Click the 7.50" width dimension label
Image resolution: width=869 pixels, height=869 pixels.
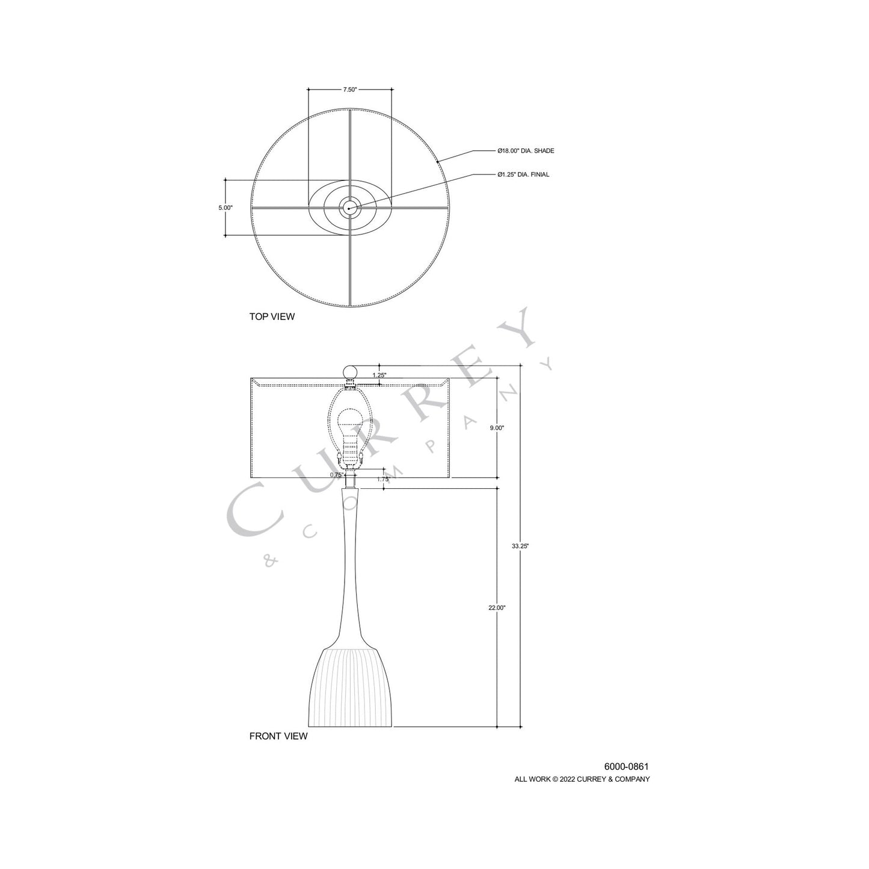point(350,90)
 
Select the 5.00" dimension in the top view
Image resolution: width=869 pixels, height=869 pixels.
point(225,207)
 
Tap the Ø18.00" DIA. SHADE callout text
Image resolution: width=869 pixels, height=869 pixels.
point(525,151)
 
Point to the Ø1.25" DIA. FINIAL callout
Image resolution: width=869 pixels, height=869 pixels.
point(523,174)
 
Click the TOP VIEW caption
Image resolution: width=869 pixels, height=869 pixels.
point(272,316)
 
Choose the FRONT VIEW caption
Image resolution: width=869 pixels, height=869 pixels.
point(278,736)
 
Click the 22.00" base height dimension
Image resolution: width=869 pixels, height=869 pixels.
point(497,608)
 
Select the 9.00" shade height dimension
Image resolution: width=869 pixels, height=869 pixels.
point(497,428)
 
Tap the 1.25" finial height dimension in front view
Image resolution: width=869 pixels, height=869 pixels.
point(379,375)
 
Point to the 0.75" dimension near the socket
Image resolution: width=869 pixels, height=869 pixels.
point(336,474)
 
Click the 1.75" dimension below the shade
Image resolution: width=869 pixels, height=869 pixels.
point(382,479)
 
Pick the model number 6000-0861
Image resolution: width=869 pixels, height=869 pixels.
point(626,767)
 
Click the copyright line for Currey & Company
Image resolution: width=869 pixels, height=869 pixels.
point(582,779)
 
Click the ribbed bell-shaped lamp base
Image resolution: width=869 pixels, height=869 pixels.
point(349,686)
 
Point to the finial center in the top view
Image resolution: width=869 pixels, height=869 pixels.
point(349,207)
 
